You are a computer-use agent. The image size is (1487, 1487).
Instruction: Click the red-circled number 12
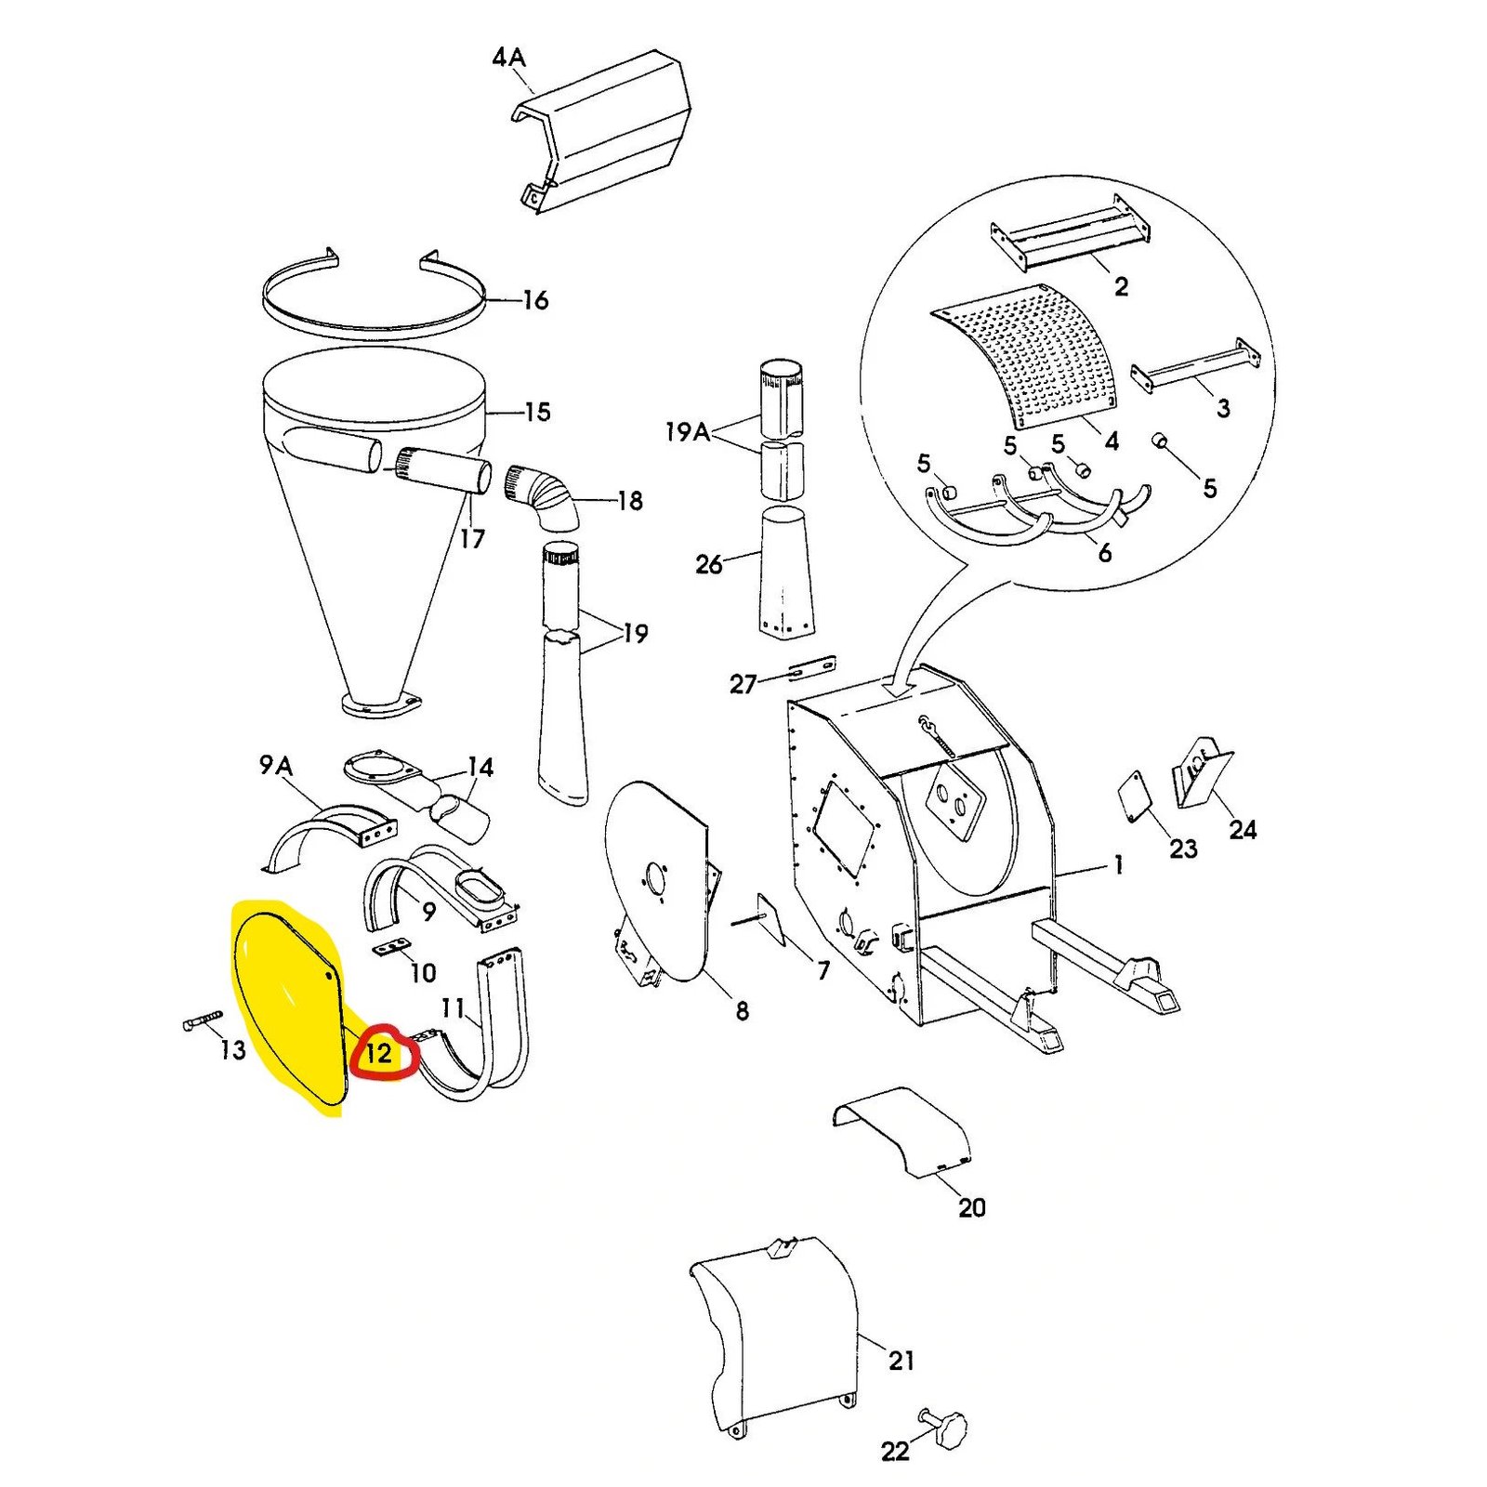point(379,1053)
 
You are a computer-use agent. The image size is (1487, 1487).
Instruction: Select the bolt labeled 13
point(202,1022)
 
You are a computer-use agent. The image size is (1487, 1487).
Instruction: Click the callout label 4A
point(508,58)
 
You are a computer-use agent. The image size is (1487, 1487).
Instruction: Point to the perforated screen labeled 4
point(1032,358)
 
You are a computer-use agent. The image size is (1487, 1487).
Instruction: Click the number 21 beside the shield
point(901,1361)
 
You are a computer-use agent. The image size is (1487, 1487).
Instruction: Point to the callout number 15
point(537,412)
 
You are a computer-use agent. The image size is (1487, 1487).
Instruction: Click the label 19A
point(687,431)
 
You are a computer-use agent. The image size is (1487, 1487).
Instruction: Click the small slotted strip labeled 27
point(811,666)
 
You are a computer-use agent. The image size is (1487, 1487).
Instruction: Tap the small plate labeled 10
point(393,947)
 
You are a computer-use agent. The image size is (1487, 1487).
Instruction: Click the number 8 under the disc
point(742,1010)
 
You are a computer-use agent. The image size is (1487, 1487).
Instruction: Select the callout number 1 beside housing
point(1119,864)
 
